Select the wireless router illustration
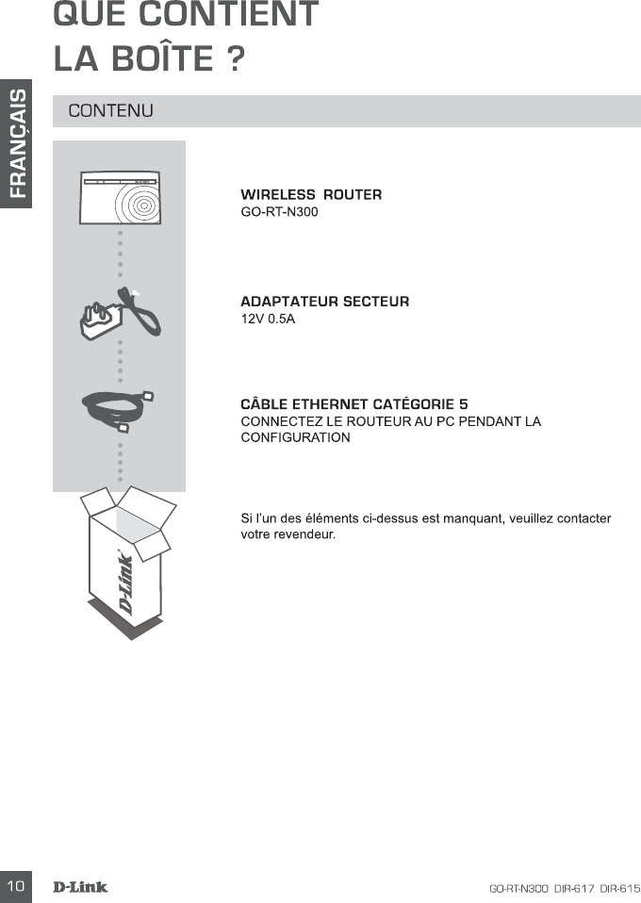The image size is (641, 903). point(120,202)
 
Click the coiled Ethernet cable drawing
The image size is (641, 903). point(120,411)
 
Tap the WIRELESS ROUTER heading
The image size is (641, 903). point(311,195)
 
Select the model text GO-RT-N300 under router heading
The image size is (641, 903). point(280,212)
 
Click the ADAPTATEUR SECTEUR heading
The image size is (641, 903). point(325,303)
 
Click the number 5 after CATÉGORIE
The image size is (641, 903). point(463,404)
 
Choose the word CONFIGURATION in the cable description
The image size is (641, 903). point(296,437)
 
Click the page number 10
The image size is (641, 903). point(15,887)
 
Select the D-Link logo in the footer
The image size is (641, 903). point(80,887)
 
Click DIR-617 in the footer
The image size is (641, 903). point(574,888)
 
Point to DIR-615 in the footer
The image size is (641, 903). point(619,888)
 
